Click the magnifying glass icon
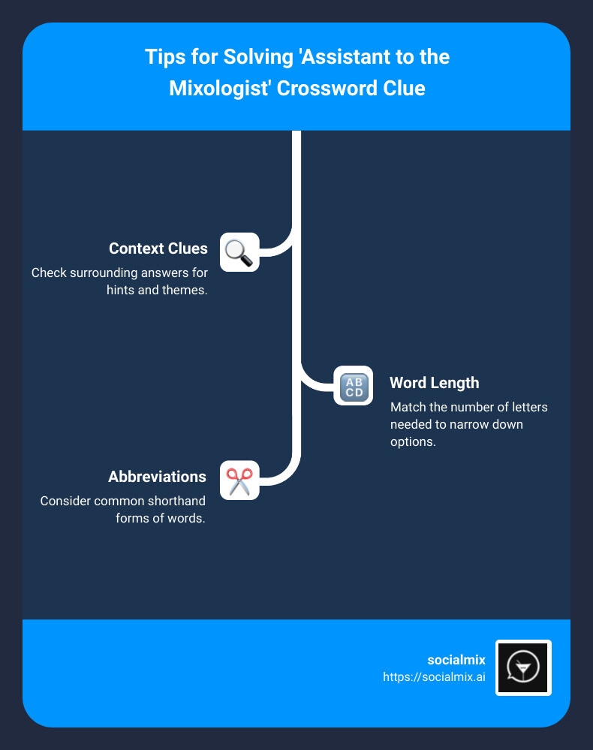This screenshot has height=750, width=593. pos(239,252)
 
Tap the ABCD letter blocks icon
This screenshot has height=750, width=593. pos(353,386)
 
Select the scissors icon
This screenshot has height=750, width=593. pos(239,480)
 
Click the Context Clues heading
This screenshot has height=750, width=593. pos(158,248)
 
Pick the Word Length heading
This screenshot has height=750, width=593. pos(434,383)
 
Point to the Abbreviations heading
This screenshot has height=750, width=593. pos(157,477)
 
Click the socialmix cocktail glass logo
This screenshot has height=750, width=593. pos(523,667)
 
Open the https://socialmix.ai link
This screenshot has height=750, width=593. pos(434,676)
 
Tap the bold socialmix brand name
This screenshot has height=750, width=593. pos(456,660)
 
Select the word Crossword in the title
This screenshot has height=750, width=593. pos(330,89)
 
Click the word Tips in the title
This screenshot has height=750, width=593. pos(165,58)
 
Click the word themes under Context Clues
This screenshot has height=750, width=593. pos(184,290)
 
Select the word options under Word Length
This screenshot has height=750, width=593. pos(413,442)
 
